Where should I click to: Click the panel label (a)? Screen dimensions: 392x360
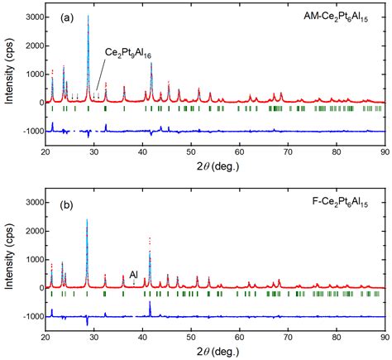pos(67,18)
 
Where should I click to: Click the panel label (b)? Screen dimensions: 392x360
pos(67,205)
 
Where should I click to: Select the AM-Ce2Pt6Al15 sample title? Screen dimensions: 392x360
pos(336,17)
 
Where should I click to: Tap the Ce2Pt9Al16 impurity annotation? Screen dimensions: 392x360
pos(128,53)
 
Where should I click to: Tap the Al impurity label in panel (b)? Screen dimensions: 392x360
pos(134,274)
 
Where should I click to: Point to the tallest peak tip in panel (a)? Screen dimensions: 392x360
pos(88,16)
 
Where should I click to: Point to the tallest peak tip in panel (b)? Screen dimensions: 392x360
pos(87,219)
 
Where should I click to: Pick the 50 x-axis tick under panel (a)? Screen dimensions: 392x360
pos(191,152)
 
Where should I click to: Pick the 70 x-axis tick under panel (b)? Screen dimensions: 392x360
pos(288,338)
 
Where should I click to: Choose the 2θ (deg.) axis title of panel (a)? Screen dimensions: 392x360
pos(218,166)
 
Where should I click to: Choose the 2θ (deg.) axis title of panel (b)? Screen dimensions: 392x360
pos(218,352)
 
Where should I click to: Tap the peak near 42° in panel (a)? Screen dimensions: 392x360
pos(151,63)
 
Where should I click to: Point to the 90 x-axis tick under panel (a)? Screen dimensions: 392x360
pos(385,152)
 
